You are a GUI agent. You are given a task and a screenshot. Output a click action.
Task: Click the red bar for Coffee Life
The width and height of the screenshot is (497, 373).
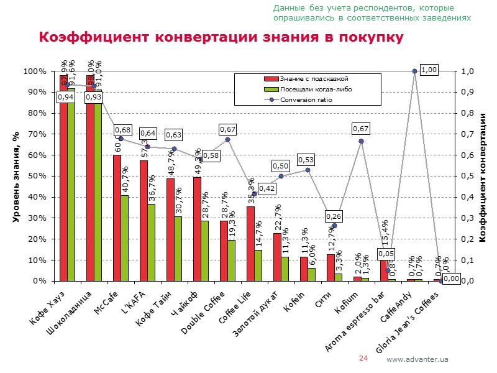click(250, 243)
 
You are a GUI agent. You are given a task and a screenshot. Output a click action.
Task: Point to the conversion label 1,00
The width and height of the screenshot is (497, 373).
click(429, 70)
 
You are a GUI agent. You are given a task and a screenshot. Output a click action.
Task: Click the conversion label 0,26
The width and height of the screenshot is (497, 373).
click(334, 216)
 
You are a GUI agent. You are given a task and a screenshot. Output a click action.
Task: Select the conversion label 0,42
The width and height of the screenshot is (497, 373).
click(267, 188)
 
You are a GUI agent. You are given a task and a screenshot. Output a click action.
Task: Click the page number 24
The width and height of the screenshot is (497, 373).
click(364, 359)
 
